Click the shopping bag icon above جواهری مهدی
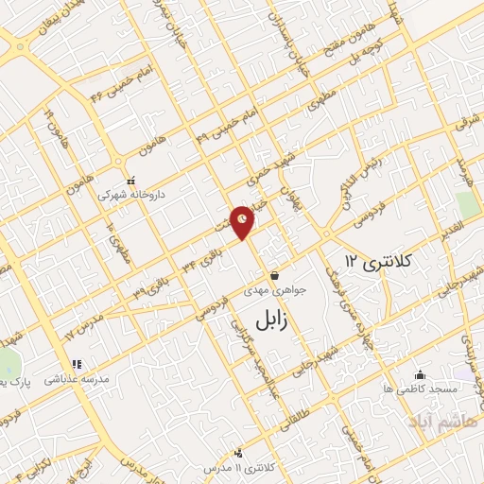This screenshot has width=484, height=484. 274,276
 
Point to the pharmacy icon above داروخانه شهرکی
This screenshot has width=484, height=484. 131,181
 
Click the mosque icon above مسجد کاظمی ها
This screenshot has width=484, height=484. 420,375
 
